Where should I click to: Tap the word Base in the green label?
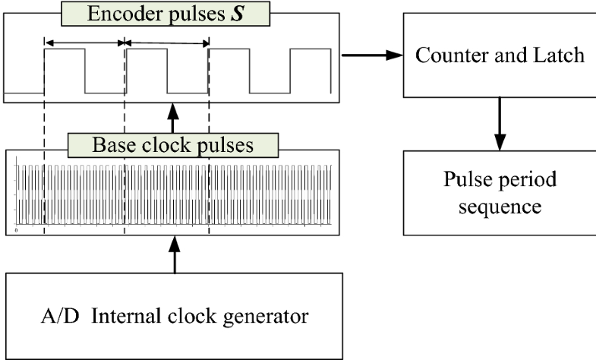click(110, 144)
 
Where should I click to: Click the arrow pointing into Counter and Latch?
click(372, 55)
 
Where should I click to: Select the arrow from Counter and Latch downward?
click(499, 123)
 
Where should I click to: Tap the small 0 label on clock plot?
click(17, 227)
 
